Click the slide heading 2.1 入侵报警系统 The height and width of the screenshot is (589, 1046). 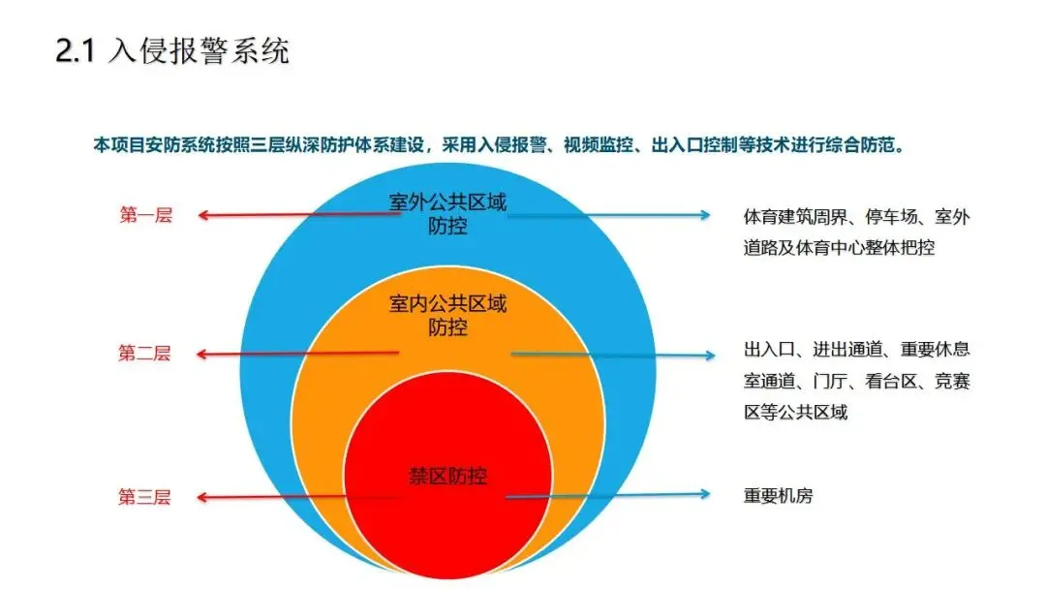click(x=172, y=51)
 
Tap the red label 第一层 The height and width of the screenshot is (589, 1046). click(x=146, y=215)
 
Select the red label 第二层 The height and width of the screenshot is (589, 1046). click(x=144, y=353)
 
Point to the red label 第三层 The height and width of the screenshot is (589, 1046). click(x=144, y=497)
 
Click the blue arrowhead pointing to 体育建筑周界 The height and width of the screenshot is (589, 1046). click(x=705, y=215)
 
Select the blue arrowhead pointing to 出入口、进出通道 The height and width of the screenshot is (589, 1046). click(x=709, y=355)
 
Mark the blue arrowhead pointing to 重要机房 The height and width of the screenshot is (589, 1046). click(x=704, y=494)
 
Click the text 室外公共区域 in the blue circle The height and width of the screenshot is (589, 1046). click(x=447, y=201)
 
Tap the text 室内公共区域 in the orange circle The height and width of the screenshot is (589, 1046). click(x=447, y=303)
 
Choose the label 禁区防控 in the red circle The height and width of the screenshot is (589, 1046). click(x=447, y=476)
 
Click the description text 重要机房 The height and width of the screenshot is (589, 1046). click(x=779, y=496)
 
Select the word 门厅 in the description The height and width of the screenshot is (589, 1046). click(x=830, y=381)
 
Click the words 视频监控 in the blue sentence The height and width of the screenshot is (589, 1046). click(x=599, y=144)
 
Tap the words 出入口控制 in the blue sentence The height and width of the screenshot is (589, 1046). click(x=694, y=144)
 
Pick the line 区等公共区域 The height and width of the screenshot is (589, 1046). click(x=796, y=413)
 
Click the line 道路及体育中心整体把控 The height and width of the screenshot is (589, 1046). click(x=839, y=247)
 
